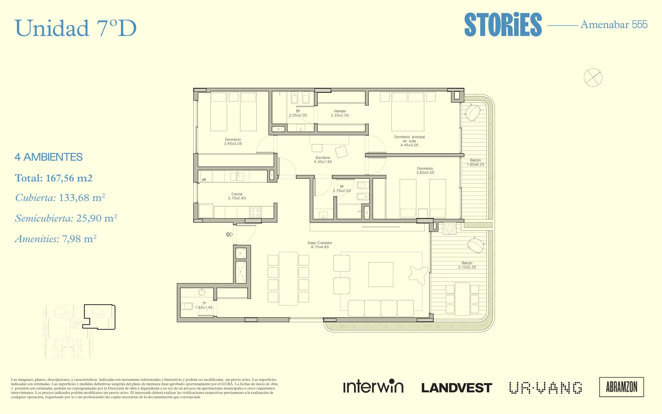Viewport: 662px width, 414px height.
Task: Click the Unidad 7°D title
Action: [x=76, y=28]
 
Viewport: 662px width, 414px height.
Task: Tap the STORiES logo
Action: [x=503, y=25]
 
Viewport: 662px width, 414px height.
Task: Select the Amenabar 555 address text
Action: [x=614, y=25]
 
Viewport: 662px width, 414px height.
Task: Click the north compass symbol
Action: [x=593, y=77]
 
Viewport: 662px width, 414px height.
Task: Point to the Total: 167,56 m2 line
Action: [x=54, y=178]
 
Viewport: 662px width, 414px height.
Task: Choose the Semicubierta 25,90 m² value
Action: [x=66, y=218]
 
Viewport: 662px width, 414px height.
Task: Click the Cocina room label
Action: [x=237, y=196]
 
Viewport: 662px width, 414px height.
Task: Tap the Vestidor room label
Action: [x=340, y=113]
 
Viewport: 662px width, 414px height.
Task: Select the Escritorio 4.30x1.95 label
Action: [x=323, y=160]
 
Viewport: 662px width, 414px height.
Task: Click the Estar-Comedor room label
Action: [x=320, y=245]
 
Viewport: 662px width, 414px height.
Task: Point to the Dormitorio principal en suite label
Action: [x=410, y=141]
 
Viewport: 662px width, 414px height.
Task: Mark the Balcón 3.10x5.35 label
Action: [x=467, y=265]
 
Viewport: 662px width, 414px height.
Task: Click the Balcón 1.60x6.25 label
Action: [x=475, y=162]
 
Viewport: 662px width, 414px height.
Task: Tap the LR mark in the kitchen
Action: [x=204, y=180]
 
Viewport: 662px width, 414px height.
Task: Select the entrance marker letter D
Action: [x=228, y=234]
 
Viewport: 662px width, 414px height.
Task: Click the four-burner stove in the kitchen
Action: [x=255, y=212]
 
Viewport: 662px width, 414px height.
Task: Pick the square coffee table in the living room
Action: [x=381, y=274]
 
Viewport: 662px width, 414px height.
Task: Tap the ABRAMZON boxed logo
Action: [x=622, y=387]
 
